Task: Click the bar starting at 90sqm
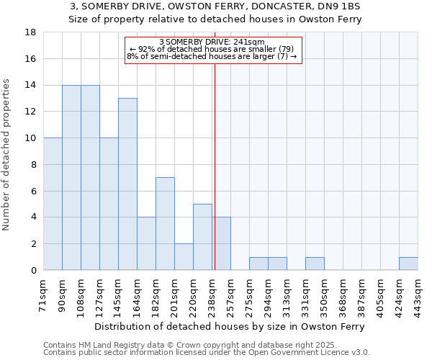(71, 178)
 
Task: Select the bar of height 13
(127, 184)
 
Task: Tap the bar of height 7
(165, 224)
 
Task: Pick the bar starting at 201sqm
(184, 257)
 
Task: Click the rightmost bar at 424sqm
(408, 264)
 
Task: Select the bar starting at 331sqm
(315, 264)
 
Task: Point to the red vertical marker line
(215, 166)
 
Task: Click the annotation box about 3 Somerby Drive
(212, 50)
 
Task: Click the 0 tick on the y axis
(34, 271)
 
